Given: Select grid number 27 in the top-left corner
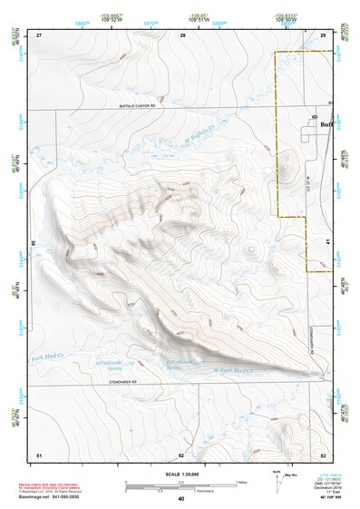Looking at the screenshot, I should tap(39, 35).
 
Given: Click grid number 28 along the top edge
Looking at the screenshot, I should tap(182, 35).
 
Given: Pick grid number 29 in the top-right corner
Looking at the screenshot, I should tap(323, 35).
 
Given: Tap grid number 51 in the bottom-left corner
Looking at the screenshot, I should tap(39, 454).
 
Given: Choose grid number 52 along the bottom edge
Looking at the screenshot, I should tap(181, 454).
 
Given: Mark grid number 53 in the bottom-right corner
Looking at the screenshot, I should tap(323, 454).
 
